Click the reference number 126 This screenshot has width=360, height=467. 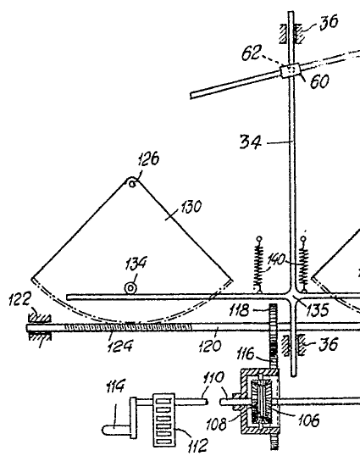pos(148,158)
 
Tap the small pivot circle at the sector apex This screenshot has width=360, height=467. pos(132,184)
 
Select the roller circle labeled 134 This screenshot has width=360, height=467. pos(130,288)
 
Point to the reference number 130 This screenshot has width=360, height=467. pos(191,207)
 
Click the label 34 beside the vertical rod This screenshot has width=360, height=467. pos(251,142)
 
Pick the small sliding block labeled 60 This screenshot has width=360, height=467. pos(290,71)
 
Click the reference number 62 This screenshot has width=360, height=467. pos(252,53)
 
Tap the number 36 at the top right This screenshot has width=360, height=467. pos(329,22)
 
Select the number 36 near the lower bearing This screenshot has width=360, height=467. pos(329,344)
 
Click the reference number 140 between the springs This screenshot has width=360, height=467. pos(276,259)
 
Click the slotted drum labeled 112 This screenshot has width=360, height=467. pos(163,420)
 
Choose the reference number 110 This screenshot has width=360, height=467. pos(213,378)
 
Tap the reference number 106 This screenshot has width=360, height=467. pos(308,420)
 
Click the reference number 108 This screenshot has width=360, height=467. pos(217,424)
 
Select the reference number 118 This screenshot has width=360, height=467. pos(239,310)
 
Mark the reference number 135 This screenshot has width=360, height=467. pos(318,309)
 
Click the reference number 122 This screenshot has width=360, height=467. pos(20,299)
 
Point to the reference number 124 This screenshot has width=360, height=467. pos(119,347)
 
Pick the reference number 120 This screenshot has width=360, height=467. pos(210,346)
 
